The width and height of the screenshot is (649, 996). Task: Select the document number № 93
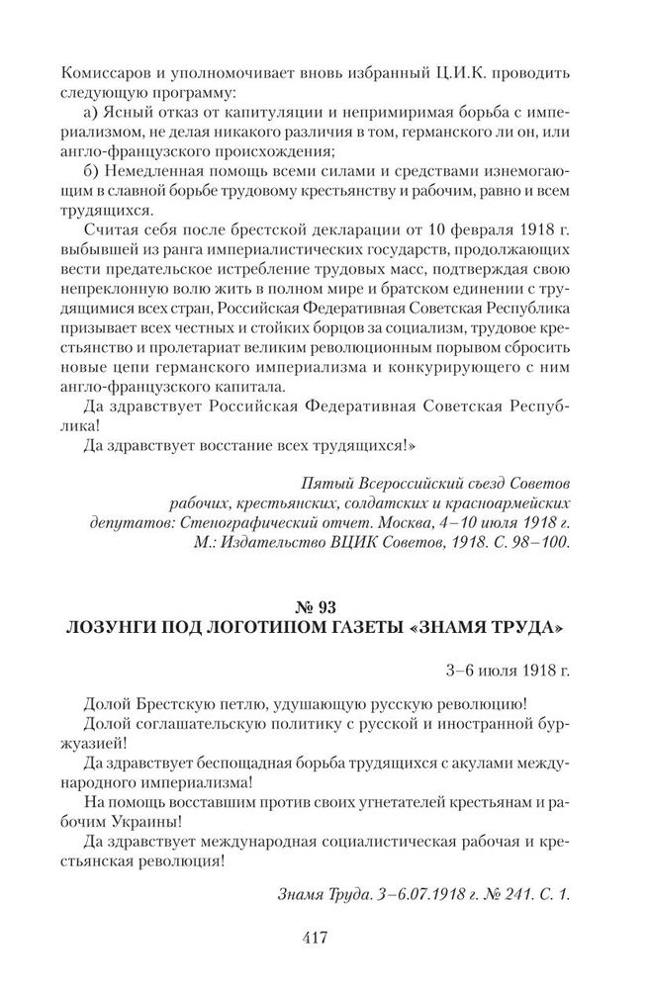[x=324, y=602]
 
